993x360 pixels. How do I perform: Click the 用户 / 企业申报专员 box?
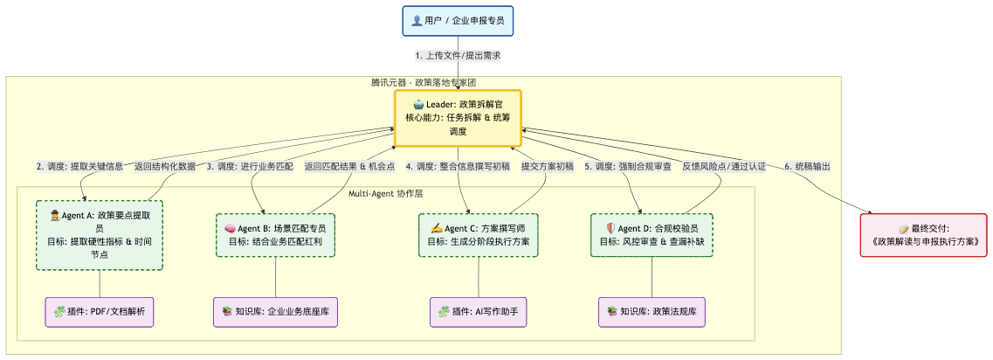[458, 20]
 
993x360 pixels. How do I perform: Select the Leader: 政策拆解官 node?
[458, 118]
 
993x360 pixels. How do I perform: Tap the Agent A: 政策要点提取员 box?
[100, 235]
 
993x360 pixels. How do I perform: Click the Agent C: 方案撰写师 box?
[478, 235]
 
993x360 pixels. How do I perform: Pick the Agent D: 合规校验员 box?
[652, 235]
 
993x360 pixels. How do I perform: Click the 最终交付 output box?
[924, 235]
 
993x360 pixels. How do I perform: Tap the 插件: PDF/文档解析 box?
[100, 312]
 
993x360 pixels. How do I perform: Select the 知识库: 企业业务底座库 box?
[276, 312]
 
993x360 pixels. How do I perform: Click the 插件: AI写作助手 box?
[478, 312]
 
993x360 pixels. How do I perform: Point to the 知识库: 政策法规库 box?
[652, 312]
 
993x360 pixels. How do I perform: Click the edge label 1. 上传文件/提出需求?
[458, 56]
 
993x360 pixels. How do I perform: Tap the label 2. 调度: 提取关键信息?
[79, 166]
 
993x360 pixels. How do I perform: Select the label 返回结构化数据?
[165, 166]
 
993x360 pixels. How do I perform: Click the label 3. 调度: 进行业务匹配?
[250, 166]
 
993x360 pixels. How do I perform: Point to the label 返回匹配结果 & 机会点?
[349, 166]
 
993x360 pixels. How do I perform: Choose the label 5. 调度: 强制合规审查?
[628, 166]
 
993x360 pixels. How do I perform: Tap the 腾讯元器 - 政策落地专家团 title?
[423, 83]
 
